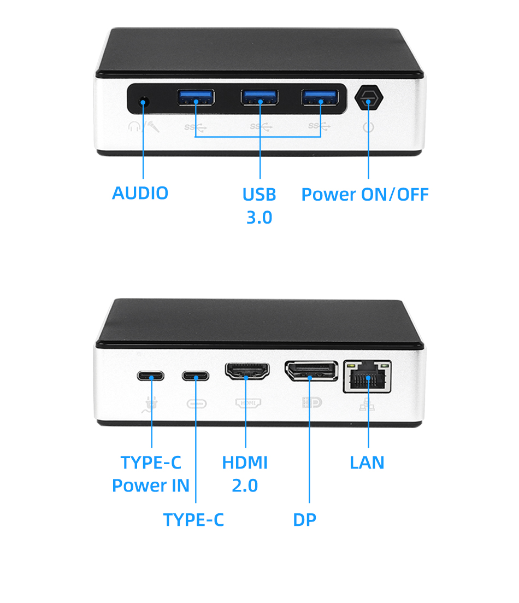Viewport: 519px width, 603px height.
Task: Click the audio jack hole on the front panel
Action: click(144, 102)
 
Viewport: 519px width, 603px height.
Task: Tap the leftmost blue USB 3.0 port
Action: click(196, 98)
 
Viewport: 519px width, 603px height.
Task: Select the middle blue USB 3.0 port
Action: click(259, 98)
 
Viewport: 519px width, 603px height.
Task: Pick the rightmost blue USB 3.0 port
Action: click(320, 98)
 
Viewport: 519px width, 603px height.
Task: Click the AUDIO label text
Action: click(140, 193)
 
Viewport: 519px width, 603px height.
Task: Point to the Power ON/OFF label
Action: click(365, 195)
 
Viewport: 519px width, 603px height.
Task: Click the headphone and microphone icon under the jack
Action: click(144, 127)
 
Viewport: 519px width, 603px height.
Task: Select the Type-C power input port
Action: click(151, 376)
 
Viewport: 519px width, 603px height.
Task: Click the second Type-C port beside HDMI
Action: click(196, 376)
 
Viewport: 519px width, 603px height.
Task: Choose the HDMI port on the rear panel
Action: click(246, 372)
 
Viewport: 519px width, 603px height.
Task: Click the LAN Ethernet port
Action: click(368, 376)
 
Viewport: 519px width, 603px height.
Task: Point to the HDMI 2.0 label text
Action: click(245, 474)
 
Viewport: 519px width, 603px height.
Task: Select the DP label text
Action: click(304, 520)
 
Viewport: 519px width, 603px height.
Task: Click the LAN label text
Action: click(367, 463)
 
